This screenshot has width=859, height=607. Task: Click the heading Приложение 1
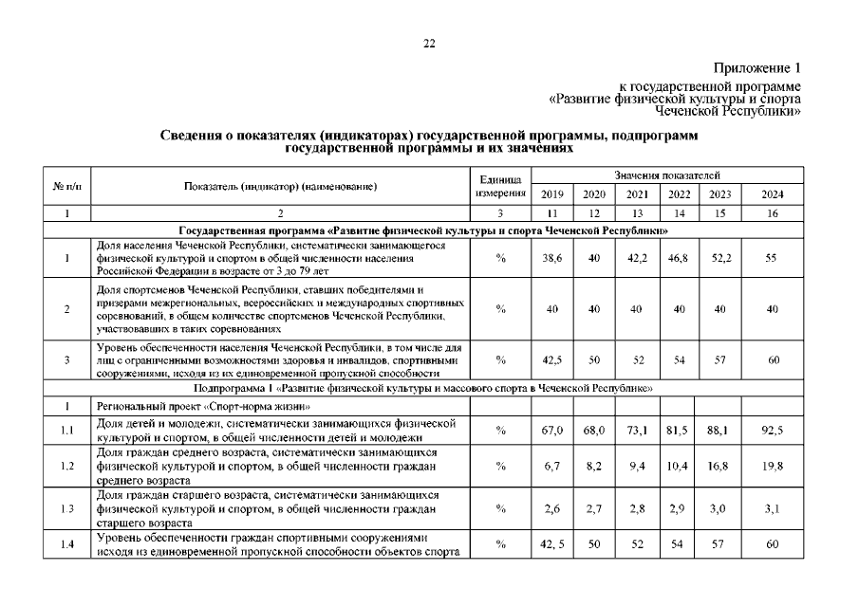(x=758, y=68)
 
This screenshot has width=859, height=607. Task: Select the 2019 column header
(x=551, y=194)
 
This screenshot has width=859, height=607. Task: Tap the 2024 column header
(x=773, y=194)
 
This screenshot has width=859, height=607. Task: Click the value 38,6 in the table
(x=551, y=258)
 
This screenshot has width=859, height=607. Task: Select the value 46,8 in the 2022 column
(x=679, y=258)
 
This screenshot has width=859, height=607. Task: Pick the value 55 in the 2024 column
(x=773, y=258)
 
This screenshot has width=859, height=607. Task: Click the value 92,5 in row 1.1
(x=773, y=431)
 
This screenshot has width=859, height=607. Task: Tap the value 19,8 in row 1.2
(x=773, y=467)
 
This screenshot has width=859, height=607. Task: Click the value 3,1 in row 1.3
(x=773, y=509)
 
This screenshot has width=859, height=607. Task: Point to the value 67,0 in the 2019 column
(x=551, y=431)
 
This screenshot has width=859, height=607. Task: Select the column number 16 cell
(x=773, y=214)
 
